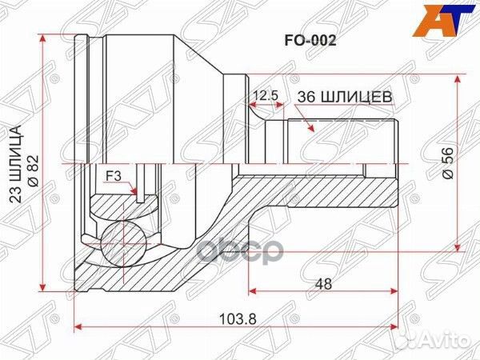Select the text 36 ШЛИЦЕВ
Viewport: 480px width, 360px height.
(x=343, y=96)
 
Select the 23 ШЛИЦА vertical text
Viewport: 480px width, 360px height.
(x=14, y=167)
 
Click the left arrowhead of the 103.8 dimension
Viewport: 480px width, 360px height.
(x=78, y=326)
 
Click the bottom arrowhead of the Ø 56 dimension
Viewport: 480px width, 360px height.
(x=457, y=247)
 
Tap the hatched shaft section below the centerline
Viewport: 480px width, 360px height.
(x=320, y=188)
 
